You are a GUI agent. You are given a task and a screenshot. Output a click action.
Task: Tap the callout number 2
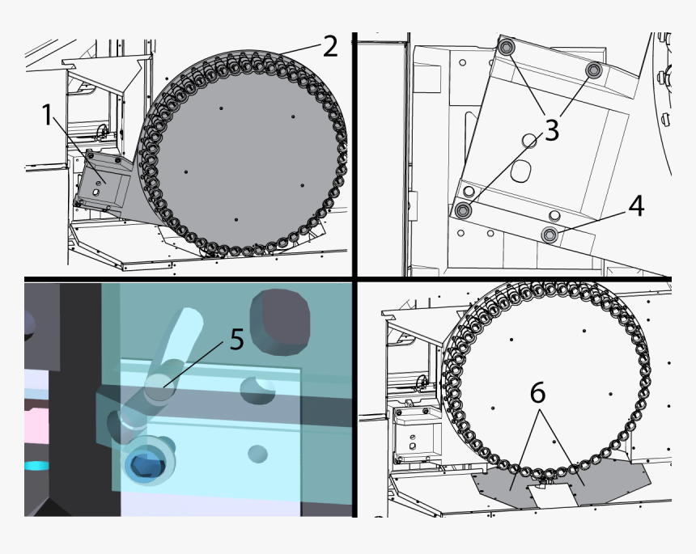click(x=329, y=46)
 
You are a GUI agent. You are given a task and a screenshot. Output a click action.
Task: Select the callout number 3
click(x=551, y=129)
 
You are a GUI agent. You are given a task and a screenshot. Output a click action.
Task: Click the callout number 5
click(x=236, y=338)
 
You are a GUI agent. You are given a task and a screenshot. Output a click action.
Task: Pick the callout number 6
click(x=537, y=393)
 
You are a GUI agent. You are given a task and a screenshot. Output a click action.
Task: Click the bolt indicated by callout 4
click(x=550, y=235)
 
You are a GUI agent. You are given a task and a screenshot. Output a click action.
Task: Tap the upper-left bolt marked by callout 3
click(x=507, y=49)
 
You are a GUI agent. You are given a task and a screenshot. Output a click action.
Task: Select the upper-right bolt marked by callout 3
click(x=594, y=71)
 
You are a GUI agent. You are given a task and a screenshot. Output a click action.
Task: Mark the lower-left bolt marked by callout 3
click(x=464, y=210)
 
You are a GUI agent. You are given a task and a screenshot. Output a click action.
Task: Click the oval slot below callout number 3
click(x=523, y=171)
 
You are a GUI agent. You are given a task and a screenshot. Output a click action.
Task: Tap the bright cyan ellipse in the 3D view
click(x=37, y=466)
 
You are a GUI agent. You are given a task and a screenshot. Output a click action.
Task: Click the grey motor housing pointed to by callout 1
click(x=104, y=182)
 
